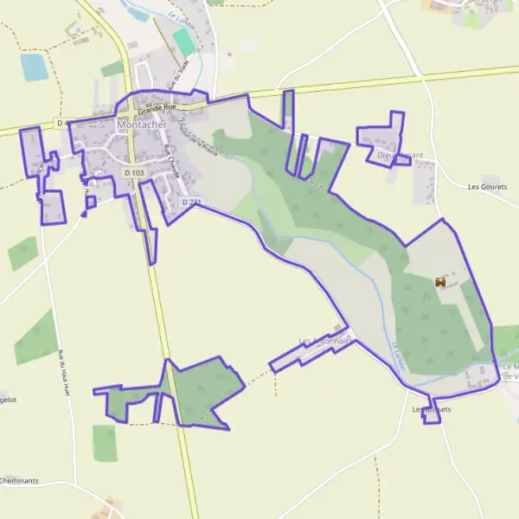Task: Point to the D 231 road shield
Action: [191, 202]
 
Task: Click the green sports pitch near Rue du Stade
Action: [183, 41]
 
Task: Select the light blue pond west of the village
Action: [35, 67]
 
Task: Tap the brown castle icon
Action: [441, 282]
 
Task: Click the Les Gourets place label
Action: [487, 186]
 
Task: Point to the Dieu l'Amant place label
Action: [400, 156]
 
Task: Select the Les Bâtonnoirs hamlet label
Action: [324, 341]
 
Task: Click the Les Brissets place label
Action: [432, 409]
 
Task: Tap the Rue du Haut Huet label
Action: [63, 371]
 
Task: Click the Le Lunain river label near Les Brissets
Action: [399, 356]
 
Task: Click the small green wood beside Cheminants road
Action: [105, 443]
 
